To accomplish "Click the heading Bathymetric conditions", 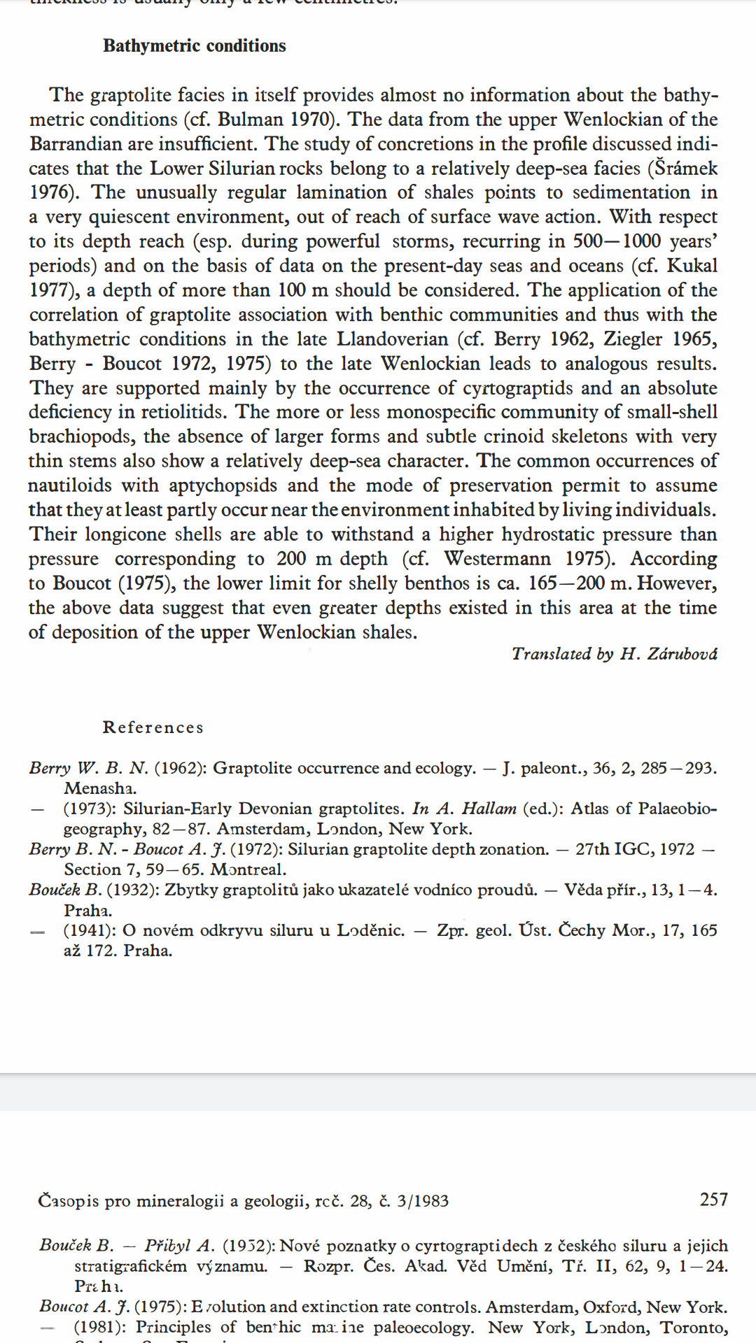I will [195, 46].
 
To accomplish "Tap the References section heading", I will [153, 727].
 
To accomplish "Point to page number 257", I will [713, 1200].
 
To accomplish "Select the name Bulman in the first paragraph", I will [250, 120].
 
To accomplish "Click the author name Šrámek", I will [686, 169].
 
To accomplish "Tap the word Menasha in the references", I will [100, 788].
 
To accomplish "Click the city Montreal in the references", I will [248, 869].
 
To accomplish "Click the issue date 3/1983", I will [422, 1201].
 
